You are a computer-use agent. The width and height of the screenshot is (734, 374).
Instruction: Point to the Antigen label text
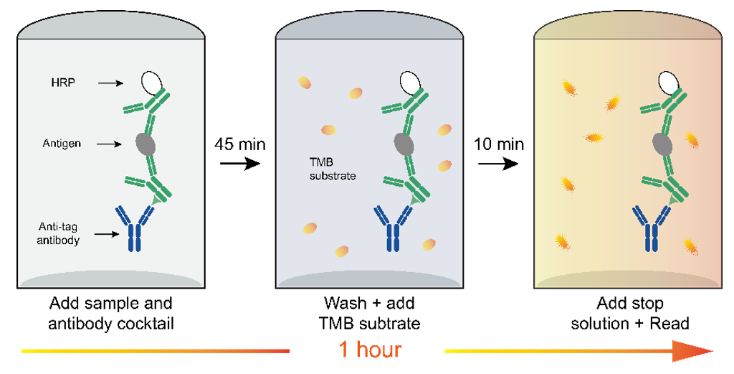[62, 144]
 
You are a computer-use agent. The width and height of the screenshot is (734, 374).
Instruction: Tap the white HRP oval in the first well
[151, 83]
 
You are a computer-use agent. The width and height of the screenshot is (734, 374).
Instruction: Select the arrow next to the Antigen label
[109, 144]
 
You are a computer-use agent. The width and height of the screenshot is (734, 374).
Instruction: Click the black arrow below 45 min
[239, 164]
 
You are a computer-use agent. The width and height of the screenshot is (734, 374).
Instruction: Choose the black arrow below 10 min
[498, 164]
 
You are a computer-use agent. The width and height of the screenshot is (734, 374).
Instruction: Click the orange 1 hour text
[369, 350]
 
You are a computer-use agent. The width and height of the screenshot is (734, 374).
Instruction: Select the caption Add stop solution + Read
[630, 314]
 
